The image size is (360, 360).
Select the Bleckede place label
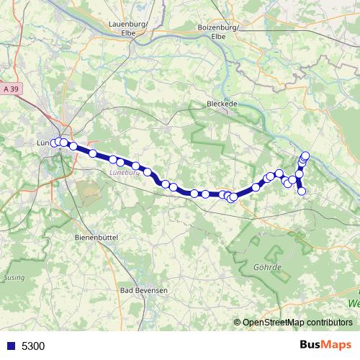[222, 103]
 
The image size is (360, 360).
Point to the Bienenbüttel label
[96, 236]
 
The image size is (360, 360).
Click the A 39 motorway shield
[10, 88]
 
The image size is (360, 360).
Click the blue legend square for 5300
[10, 346]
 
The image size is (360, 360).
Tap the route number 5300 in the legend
[33, 346]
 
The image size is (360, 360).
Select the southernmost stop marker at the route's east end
[302, 191]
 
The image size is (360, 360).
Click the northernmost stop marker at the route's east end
[305, 155]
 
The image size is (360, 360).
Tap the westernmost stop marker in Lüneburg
[54, 143]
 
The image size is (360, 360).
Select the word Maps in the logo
[337, 345]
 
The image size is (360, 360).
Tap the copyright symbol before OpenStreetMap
[238, 323]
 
